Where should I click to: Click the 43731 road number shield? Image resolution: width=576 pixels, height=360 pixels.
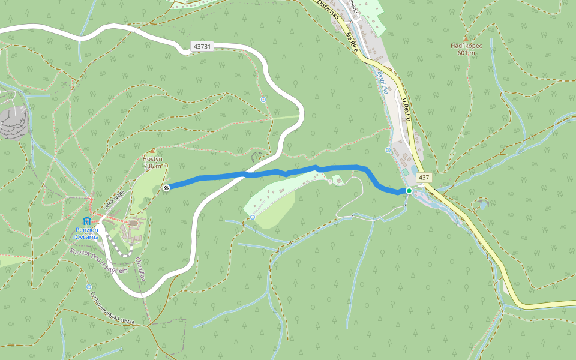tap(203, 46)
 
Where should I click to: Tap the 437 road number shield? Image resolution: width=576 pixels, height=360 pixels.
tap(424, 178)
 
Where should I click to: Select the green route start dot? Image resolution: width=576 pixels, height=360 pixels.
tap(409, 191)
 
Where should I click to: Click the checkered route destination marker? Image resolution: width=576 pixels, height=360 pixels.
tap(166, 188)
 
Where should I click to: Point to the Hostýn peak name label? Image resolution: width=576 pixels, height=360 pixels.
tap(152, 158)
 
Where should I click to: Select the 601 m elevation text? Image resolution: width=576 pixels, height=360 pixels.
tap(466, 53)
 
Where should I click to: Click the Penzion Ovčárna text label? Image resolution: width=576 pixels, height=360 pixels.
tap(87, 233)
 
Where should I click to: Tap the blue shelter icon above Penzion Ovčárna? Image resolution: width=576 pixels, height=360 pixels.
tap(87, 221)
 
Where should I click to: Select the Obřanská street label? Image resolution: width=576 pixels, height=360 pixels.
tap(329, 10)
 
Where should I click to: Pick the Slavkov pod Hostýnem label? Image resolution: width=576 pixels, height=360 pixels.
tap(99, 262)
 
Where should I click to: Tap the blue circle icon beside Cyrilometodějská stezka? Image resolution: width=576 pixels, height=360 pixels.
tap(89, 287)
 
